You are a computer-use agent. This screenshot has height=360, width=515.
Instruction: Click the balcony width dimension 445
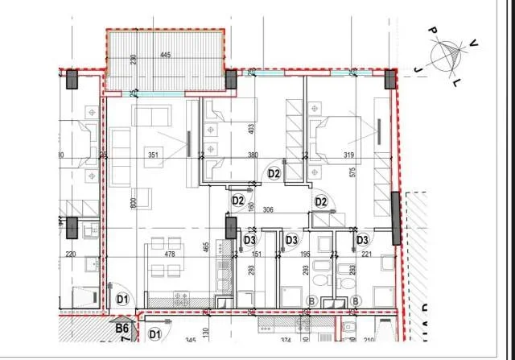165,56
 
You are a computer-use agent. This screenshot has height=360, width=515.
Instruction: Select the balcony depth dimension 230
134,59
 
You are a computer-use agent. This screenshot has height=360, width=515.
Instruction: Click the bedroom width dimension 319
348,156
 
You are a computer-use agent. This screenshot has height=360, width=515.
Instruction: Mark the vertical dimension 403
252,127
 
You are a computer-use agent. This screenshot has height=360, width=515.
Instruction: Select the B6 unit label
122,329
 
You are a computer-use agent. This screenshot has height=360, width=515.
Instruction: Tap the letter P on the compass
432,31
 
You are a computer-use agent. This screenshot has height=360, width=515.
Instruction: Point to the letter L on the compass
458,82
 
